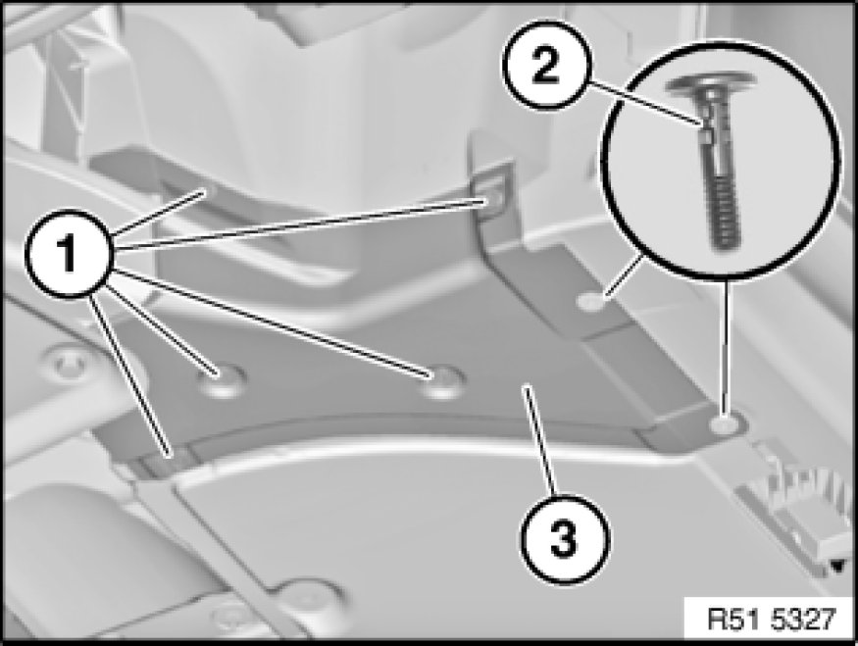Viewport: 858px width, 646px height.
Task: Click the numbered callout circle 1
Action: pos(69,253)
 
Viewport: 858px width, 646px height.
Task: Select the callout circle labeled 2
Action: pos(545,65)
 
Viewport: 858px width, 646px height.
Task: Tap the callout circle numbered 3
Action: pos(564,539)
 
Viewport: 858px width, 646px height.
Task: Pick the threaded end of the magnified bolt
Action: pos(725,211)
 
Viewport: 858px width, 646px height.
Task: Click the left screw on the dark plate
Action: pos(221,378)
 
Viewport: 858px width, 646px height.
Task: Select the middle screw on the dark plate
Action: pos(442,380)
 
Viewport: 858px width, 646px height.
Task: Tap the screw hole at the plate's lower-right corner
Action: pos(724,423)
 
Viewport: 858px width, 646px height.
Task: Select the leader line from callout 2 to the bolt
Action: pos(645,104)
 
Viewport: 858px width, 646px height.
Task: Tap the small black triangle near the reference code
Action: pos(837,566)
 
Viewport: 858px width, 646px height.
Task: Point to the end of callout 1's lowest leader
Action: pos(171,454)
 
